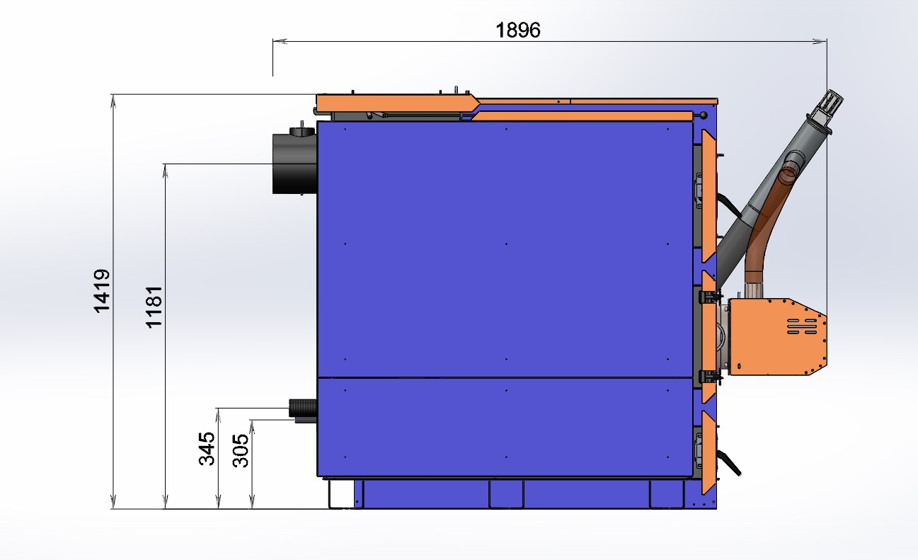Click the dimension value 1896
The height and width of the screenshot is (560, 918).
(518, 30)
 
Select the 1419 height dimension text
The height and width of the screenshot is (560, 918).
(102, 291)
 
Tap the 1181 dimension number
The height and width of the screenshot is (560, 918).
(154, 307)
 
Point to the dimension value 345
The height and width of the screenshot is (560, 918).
(207, 449)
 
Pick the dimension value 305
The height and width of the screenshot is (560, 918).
(241, 450)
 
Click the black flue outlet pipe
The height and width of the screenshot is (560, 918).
(294, 163)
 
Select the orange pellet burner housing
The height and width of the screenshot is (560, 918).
(777, 336)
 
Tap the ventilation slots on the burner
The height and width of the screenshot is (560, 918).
(802, 326)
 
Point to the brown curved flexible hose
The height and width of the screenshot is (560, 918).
(762, 229)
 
